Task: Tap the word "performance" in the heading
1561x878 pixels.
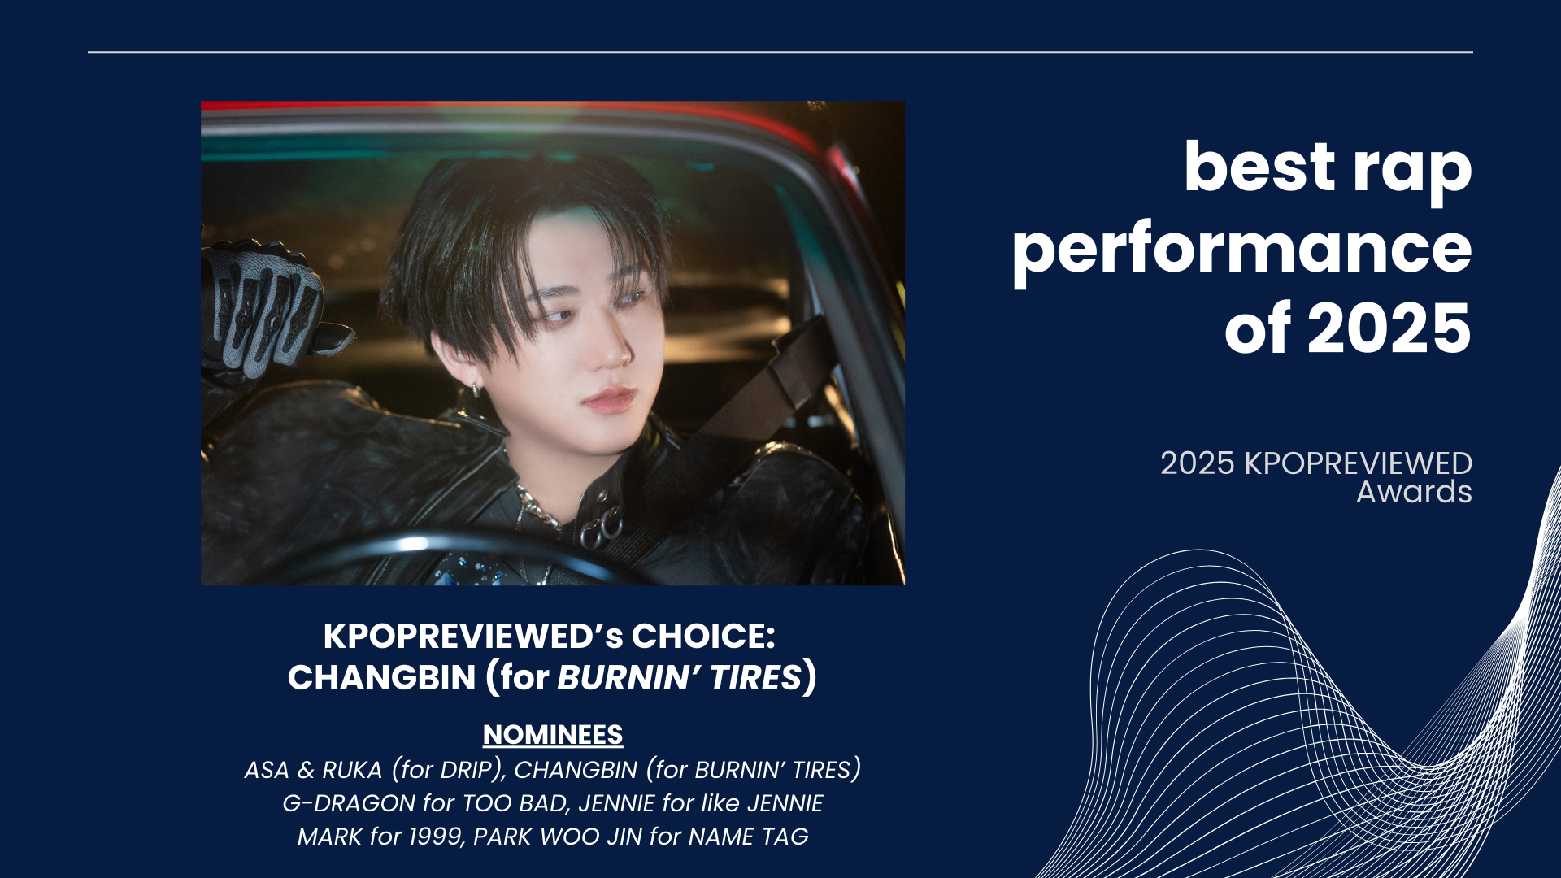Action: pyautogui.click(x=1242, y=250)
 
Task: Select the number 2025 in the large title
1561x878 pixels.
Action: pyautogui.click(x=1389, y=328)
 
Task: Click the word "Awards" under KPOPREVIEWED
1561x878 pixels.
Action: pyautogui.click(x=1414, y=492)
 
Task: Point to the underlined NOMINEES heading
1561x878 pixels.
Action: pyautogui.click(x=553, y=735)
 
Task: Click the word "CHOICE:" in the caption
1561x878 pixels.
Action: pyautogui.click(x=703, y=636)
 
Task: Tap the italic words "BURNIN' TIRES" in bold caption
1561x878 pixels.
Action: pyautogui.click(x=680, y=677)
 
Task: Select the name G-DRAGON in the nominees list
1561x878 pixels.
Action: pyautogui.click(x=349, y=803)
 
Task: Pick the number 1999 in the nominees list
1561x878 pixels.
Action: pyautogui.click(x=436, y=837)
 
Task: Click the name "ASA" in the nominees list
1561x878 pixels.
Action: pyautogui.click(x=267, y=770)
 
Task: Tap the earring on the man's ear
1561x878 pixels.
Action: pyautogui.click(x=476, y=390)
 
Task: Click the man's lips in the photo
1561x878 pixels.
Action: pyautogui.click(x=608, y=399)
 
